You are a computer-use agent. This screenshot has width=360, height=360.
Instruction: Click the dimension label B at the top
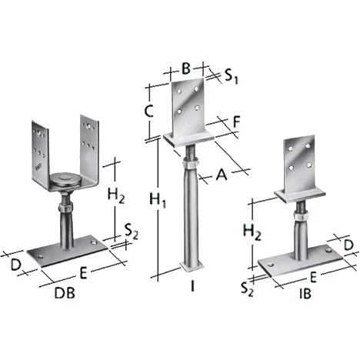(186, 68)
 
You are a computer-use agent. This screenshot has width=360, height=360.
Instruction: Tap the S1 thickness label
(232, 76)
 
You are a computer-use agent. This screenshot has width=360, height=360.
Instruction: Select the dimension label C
(148, 112)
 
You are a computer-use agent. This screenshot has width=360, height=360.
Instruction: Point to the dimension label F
(236, 122)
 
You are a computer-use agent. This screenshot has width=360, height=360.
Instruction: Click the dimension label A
(222, 175)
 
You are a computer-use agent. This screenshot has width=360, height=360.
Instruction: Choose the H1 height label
(158, 200)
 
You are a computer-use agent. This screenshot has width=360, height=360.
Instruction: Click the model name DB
(65, 292)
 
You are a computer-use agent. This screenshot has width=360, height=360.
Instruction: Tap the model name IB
(305, 293)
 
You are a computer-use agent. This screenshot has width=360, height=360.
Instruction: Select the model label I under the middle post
(192, 285)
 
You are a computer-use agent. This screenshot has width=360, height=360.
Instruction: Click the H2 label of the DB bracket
(116, 195)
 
